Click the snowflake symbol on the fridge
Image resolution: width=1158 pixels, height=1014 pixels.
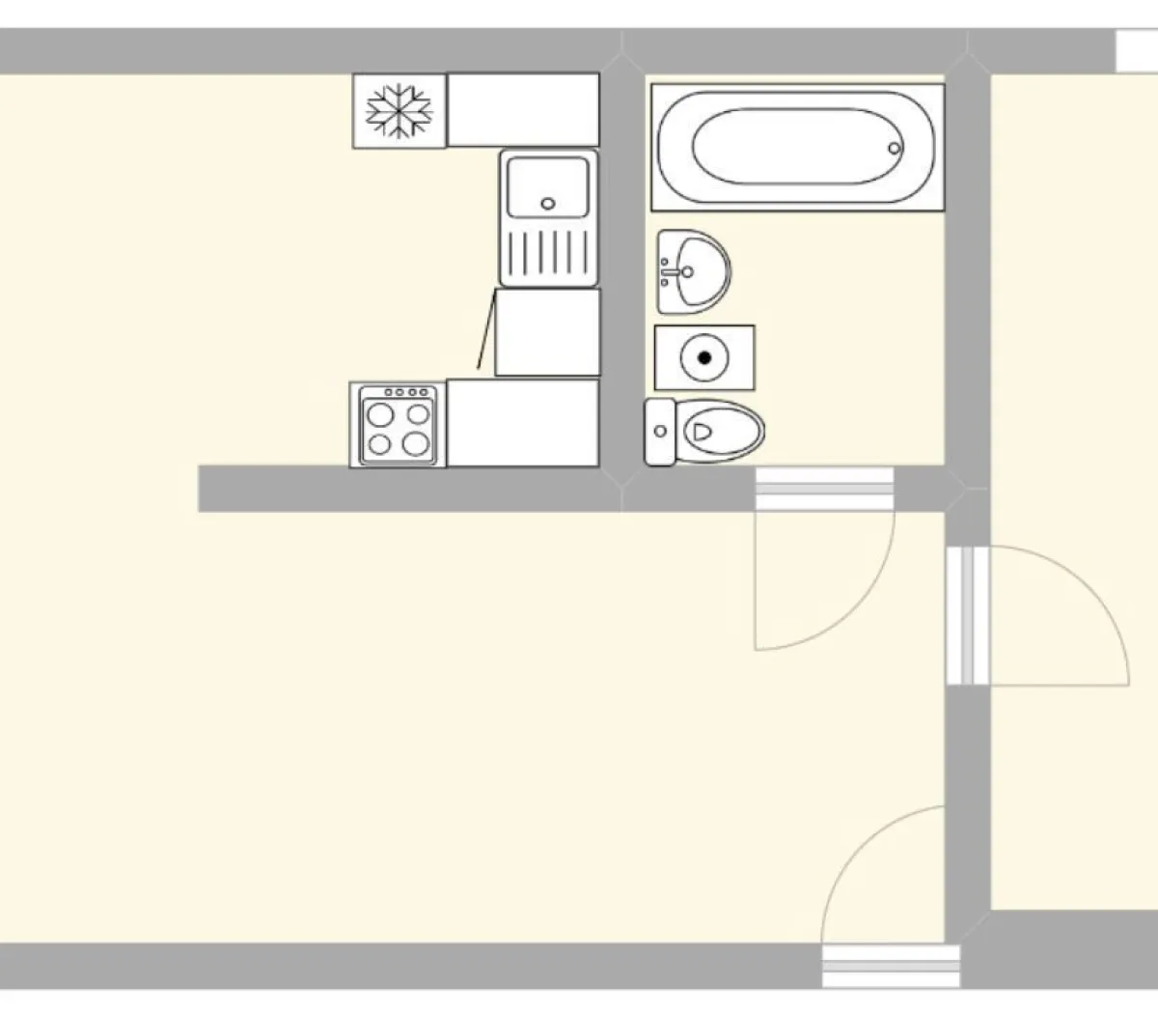399,111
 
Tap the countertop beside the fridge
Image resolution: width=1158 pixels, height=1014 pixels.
523,110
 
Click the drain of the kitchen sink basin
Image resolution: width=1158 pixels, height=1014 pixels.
548,204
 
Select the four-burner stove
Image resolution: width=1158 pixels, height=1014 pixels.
398,425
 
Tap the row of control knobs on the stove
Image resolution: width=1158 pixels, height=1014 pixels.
406,392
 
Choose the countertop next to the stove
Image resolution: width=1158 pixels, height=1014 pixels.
522,423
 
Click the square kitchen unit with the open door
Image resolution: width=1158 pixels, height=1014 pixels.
547,332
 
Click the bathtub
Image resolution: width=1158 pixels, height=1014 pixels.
797,147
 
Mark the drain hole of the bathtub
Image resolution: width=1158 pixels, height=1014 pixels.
895,148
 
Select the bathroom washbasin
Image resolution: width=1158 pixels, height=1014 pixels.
693,271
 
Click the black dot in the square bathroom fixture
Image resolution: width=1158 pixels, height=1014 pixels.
704,358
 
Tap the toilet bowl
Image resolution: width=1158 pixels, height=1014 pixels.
720,432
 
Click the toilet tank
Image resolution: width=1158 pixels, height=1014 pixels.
660,432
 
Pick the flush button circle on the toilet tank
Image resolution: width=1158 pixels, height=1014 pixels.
660,432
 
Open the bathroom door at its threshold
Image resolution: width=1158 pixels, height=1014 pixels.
824,489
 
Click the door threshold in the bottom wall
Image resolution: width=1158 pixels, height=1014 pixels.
891,966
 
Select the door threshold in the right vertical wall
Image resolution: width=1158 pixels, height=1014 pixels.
968,615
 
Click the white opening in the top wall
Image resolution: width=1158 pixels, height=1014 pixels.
1137,51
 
